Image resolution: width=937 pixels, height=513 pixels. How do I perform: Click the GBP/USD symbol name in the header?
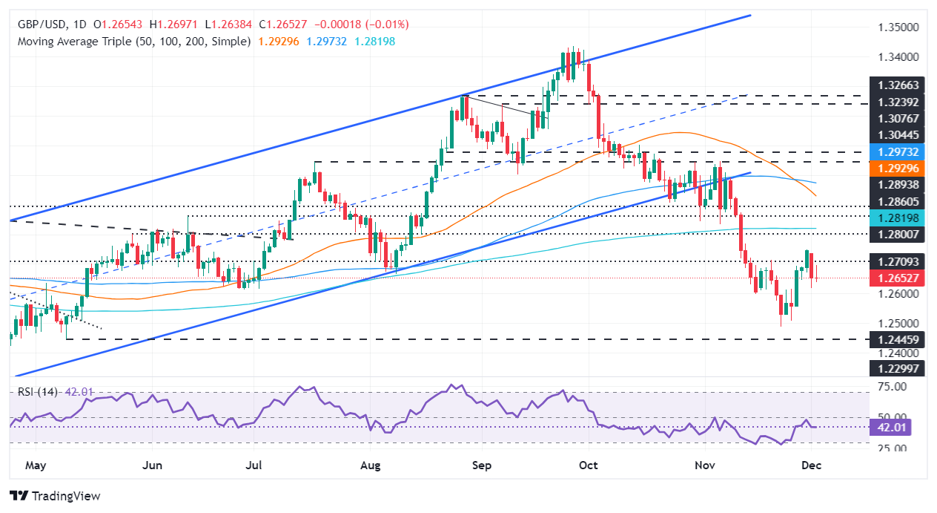[x=40, y=24]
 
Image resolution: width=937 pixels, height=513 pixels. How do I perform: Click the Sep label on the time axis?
[x=482, y=465]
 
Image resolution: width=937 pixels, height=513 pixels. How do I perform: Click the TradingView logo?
[x=55, y=496]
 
